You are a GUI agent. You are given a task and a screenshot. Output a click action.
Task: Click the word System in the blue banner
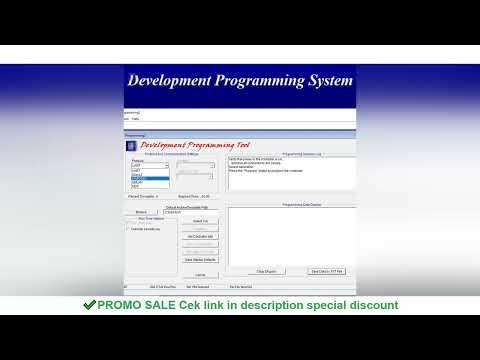click(323, 80)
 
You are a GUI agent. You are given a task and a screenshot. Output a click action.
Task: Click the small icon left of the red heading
click(132, 145)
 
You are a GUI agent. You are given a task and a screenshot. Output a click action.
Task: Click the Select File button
click(200, 221)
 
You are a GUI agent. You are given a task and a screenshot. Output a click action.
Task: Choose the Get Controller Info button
click(200, 236)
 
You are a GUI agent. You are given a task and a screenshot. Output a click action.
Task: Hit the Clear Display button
click(265, 271)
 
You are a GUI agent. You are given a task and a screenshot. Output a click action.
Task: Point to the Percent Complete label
click(141, 196)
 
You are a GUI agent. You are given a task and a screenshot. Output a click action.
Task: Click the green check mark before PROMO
click(90, 305)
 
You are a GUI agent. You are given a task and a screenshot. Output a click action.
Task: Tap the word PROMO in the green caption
click(125, 305)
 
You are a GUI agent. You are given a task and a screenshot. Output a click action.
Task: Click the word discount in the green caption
click(369, 305)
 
